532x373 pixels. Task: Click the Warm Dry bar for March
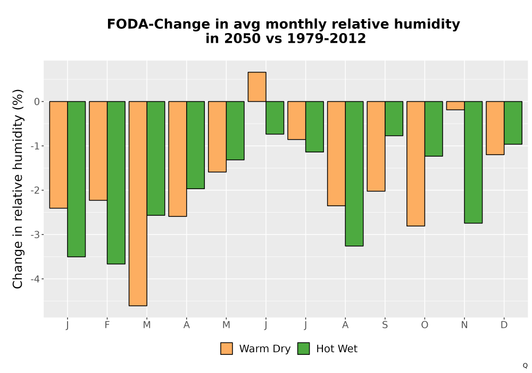(138, 204)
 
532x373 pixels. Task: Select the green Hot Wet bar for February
(116, 182)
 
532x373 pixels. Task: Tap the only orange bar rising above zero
(257, 87)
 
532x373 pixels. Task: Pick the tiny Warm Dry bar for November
(455, 106)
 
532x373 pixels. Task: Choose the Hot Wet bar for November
(473, 162)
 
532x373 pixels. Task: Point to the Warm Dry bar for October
(415, 164)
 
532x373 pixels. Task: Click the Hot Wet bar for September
(394, 118)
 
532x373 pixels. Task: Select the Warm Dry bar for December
(495, 128)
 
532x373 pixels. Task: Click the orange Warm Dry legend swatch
(226, 348)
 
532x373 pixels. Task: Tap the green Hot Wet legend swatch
(303, 348)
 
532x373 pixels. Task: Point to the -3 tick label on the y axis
(35, 235)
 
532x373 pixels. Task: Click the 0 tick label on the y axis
(37, 102)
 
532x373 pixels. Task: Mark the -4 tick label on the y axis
(35, 279)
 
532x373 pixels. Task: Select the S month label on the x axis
(385, 325)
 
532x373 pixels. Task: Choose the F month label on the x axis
(107, 325)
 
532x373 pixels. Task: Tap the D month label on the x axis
(504, 325)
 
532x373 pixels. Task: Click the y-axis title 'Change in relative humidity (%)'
(18, 189)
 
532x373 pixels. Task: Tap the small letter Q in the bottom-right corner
(525, 366)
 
